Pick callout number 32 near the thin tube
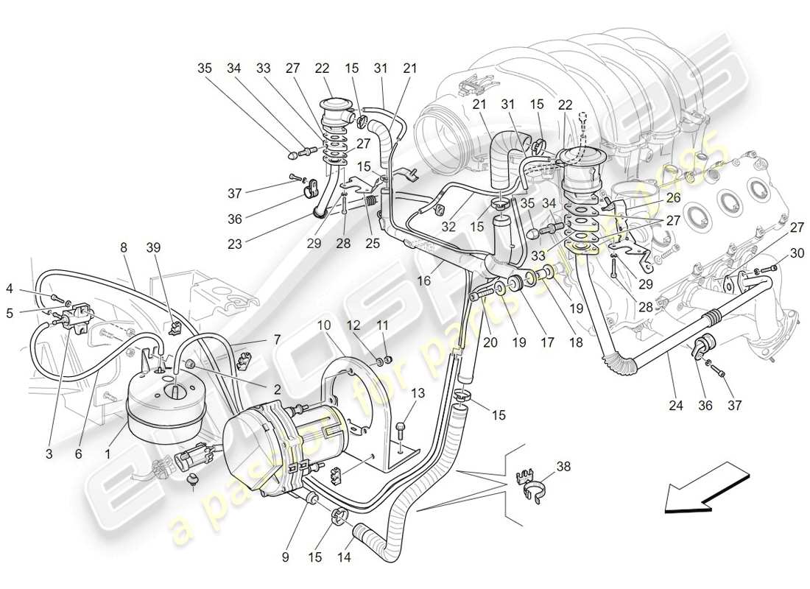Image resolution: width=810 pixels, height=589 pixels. point(448,228)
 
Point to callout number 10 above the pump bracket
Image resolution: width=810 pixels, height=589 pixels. point(324,325)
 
